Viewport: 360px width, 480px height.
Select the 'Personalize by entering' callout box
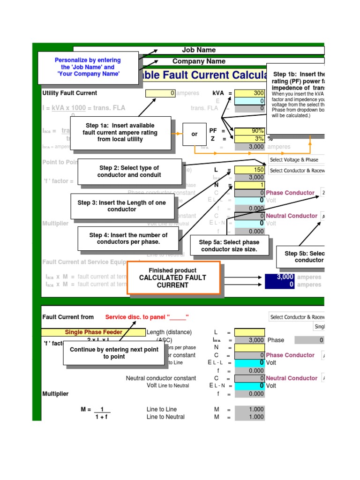(88, 67)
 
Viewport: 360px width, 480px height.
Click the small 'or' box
(195, 134)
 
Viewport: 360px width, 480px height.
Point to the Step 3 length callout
(121, 206)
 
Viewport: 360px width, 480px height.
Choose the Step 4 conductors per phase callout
(128, 238)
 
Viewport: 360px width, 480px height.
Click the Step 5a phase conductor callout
(229, 246)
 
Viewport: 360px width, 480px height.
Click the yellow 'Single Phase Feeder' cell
(93, 332)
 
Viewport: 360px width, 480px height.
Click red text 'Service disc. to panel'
(147, 317)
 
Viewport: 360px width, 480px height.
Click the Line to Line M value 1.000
(249, 409)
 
